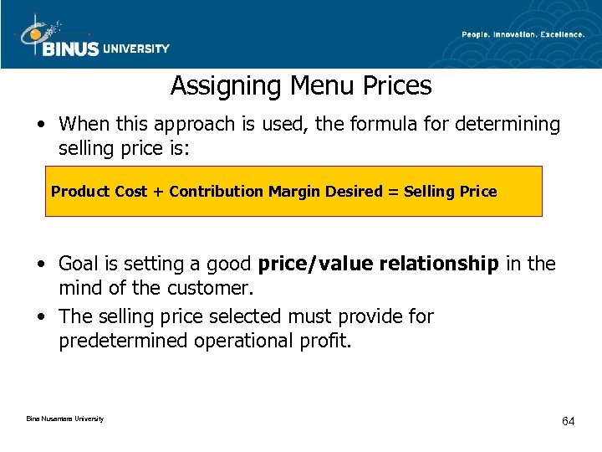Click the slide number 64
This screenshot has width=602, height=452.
pyautogui.click(x=569, y=421)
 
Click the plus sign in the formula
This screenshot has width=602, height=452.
pyautogui.click(x=158, y=192)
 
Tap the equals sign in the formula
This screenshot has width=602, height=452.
pyautogui.click(x=393, y=192)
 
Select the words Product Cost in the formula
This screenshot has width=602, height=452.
pyautogui.click(x=99, y=192)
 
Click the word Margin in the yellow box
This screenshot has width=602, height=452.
pyautogui.click(x=292, y=192)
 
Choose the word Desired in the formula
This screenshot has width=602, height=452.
pyautogui.click(x=352, y=192)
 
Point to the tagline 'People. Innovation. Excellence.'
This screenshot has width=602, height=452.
pyautogui.click(x=524, y=34)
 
